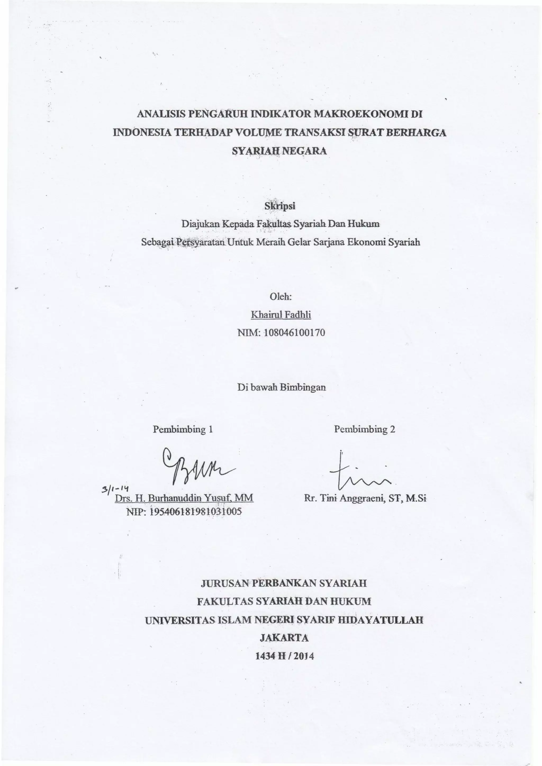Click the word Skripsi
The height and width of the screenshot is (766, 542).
(x=280, y=206)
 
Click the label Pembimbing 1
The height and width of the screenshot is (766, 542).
(x=183, y=429)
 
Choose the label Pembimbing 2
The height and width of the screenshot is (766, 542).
(x=364, y=429)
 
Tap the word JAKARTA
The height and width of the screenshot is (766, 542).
(x=284, y=638)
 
